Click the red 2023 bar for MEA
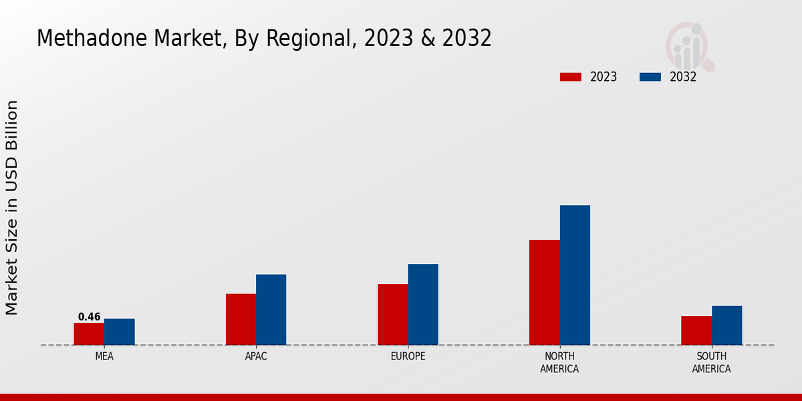(x=89, y=334)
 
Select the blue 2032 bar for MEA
(x=120, y=332)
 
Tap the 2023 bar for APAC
(x=241, y=319)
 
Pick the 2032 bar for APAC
(x=271, y=309)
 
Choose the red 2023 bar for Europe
(x=393, y=315)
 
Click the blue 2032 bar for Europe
(x=423, y=305)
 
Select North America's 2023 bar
(x=545, y=293)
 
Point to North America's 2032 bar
(x=575, y=275)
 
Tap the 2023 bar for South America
(x=696, y=331)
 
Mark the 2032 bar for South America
(x=727, y=325)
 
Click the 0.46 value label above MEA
(x=89, y=317)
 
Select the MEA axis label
(x=104, y=357)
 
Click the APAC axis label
(x=256, y=357)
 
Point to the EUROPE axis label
(x=408, y=357)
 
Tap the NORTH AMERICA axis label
(x=560, y=363)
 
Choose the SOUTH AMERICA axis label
(x=712, y=363)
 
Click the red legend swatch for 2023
(x=571, y=77)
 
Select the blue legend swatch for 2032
(x=650, y=77)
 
